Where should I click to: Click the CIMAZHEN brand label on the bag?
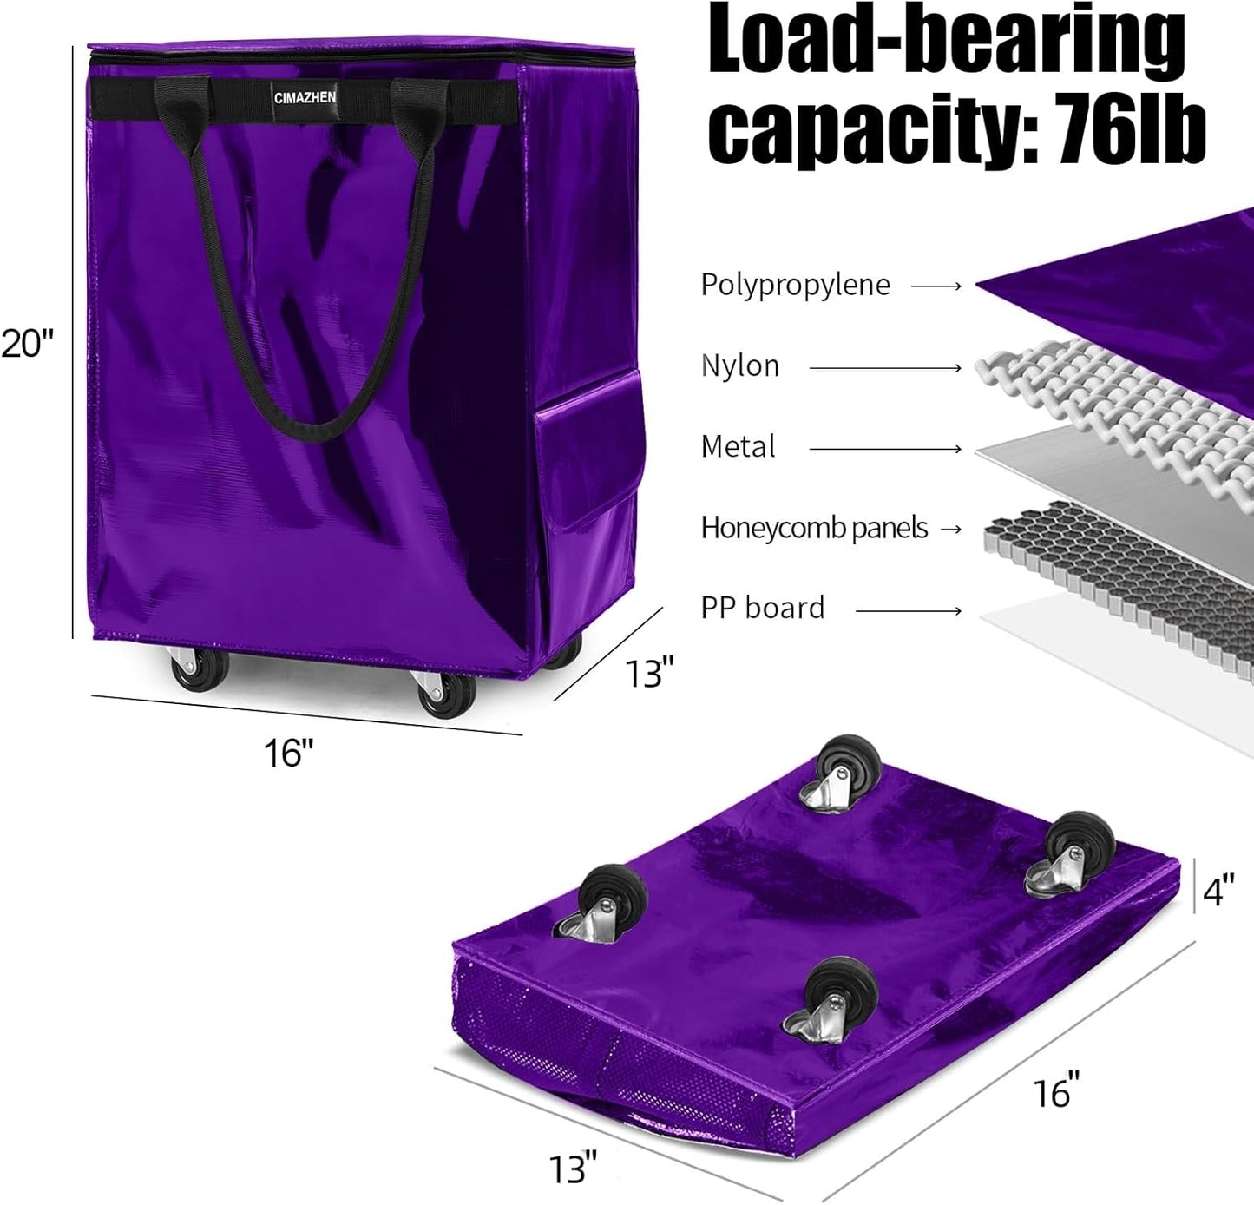coord(305,98)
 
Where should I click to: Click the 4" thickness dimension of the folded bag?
coord(1218,891)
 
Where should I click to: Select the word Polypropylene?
coord(795,285)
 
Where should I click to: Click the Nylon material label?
coord(739,365)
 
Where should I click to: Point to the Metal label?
coord(738,446)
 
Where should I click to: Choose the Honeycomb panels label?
coord(814,527)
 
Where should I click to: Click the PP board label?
coord(762,608)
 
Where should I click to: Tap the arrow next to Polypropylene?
coord(936,286)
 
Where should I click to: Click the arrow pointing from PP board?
coord(909,610)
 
